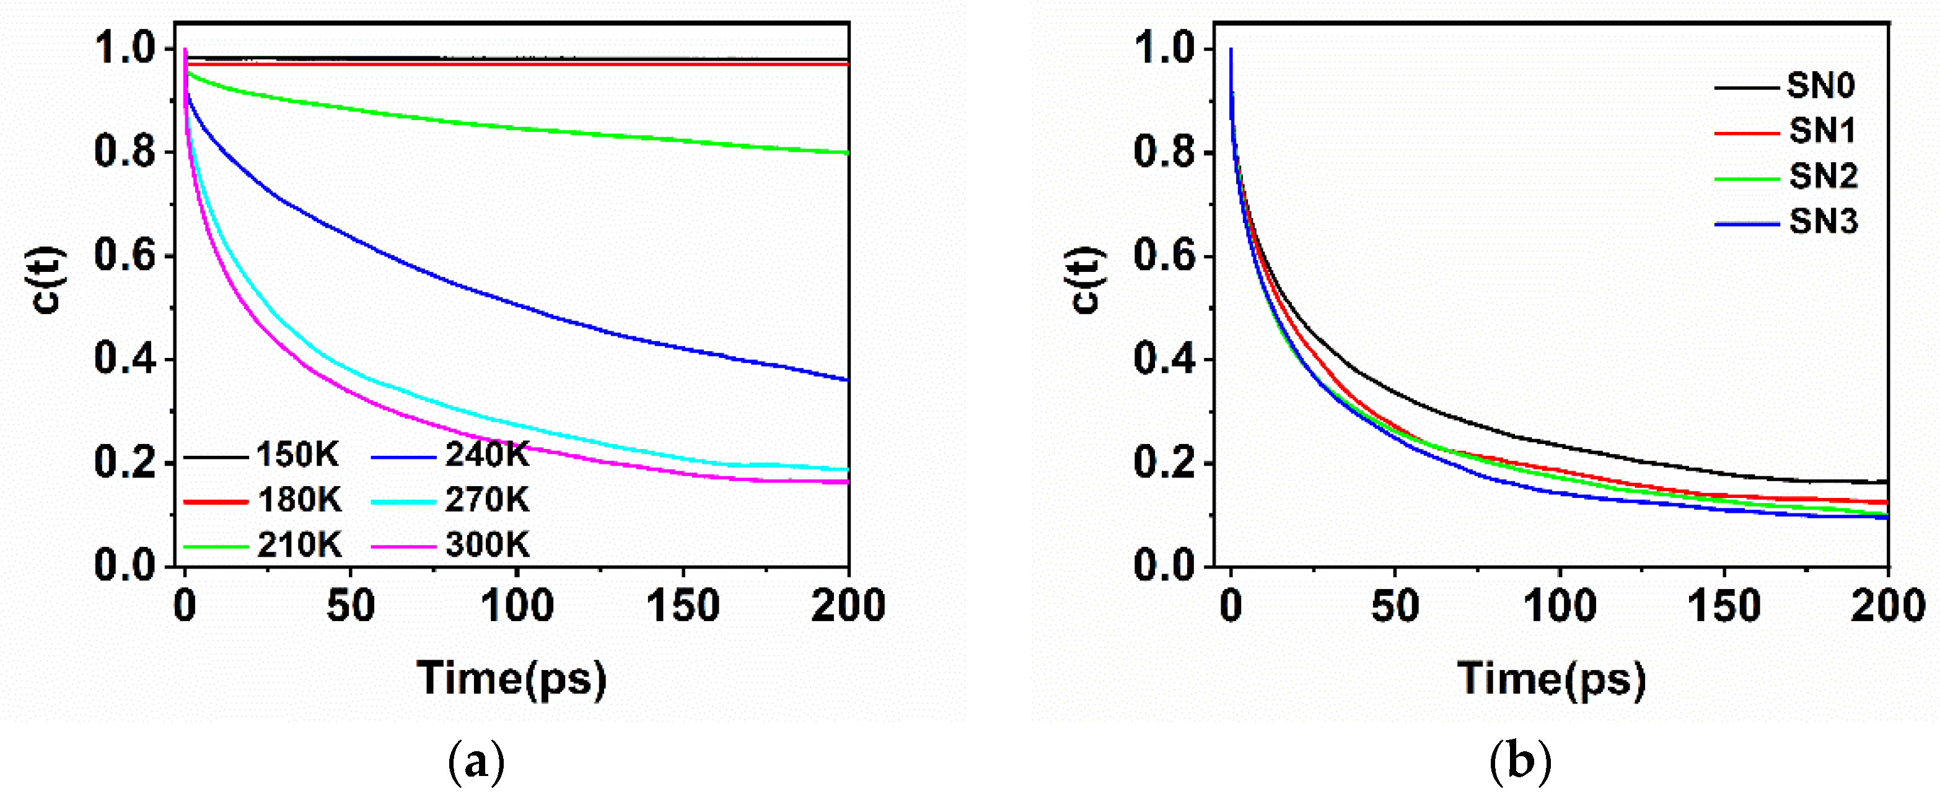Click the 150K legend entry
297,455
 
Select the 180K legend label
299,500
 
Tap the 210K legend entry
299,544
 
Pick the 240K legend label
486,455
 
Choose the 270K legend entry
486,500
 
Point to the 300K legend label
486,544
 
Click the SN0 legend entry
1821,87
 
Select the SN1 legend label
1822,132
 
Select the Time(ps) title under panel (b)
1552,679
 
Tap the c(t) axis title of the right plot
1087,280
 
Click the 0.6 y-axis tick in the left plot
125,255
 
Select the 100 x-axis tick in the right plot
1560,607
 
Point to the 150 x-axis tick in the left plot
683,607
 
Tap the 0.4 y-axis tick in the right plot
1164,359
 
